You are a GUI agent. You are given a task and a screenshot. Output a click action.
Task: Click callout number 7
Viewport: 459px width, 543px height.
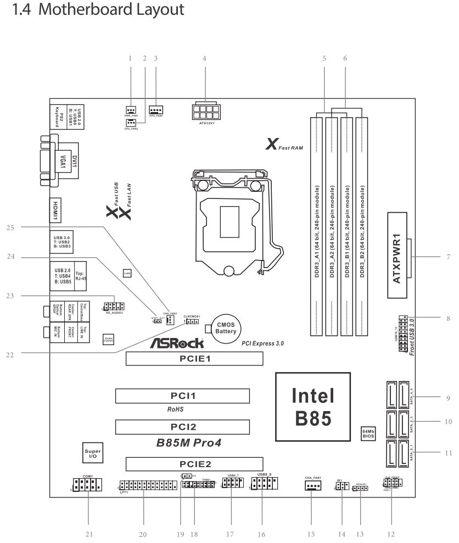448,257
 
